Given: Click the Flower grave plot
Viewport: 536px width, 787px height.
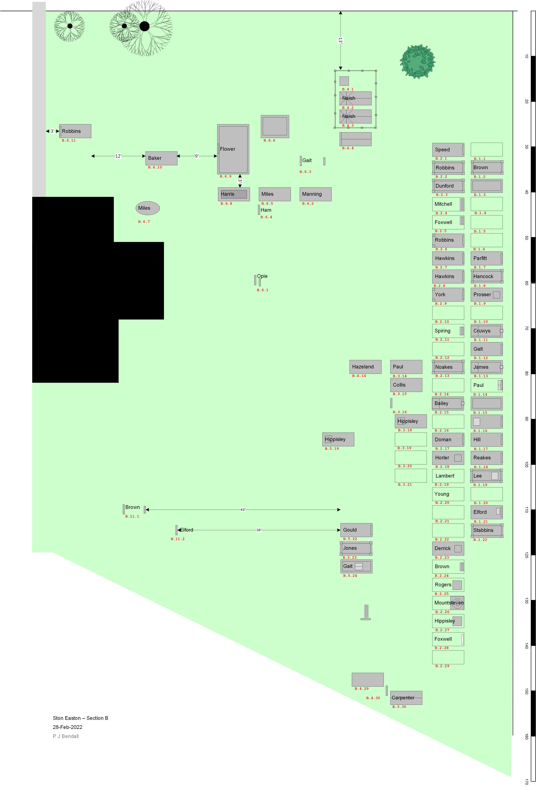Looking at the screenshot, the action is (x=233, y=149).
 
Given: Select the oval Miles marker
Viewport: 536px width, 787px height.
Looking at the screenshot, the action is (x=148, y=208).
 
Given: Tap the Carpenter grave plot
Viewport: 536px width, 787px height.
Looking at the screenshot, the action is (x=406, y=698).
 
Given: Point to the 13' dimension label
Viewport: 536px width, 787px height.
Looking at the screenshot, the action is (x=340, y=40).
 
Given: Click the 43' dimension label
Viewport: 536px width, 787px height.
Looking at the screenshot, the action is (x=243, y=510).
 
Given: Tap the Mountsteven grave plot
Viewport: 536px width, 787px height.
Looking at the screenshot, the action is (x=448, y=603).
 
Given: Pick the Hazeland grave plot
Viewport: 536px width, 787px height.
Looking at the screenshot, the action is (x=365, y=367).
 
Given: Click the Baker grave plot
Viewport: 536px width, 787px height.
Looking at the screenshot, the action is (x=161, y=158).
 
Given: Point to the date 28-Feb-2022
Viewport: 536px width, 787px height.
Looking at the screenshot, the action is (x=67, y=727).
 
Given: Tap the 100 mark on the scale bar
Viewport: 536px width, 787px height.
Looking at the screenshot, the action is (x=526, y=465).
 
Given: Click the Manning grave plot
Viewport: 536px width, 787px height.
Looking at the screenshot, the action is (x=315, y=194).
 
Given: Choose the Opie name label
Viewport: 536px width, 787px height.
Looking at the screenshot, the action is (x=262, y=276).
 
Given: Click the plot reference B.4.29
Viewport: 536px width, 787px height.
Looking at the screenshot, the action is (x=362, y=689).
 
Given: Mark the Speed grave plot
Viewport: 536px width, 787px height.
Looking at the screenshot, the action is (x=448, y=150).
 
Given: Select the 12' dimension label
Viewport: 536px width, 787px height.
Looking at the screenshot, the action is (x=118, y=156).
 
